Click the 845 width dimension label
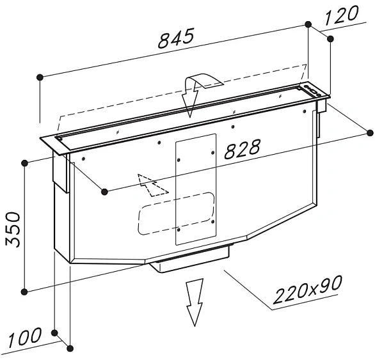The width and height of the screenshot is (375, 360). tap(176, 38)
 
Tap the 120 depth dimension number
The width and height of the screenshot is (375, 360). tap(342, 15)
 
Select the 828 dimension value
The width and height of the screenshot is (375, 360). tap(243, 149)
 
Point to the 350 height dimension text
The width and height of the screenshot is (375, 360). tap(13, 230)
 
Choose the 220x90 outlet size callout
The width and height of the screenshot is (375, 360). tap(308, 290)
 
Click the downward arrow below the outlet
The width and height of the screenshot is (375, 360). tap(195, 302)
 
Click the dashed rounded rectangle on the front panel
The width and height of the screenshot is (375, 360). tap(176, 213)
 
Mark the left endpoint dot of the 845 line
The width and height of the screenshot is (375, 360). tap(40, 77)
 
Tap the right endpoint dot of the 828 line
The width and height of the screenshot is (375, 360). tap(371, 133)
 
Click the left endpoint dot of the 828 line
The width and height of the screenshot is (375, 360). tap(104, 191)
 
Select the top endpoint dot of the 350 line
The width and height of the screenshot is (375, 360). tap(24, 163)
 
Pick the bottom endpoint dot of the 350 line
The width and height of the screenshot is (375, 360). tap(24, 292)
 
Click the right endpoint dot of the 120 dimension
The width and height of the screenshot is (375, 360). tap(330, 39)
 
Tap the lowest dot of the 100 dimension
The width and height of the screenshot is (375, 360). tap(70, 348)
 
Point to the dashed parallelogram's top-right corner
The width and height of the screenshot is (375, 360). tap(307, 65)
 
